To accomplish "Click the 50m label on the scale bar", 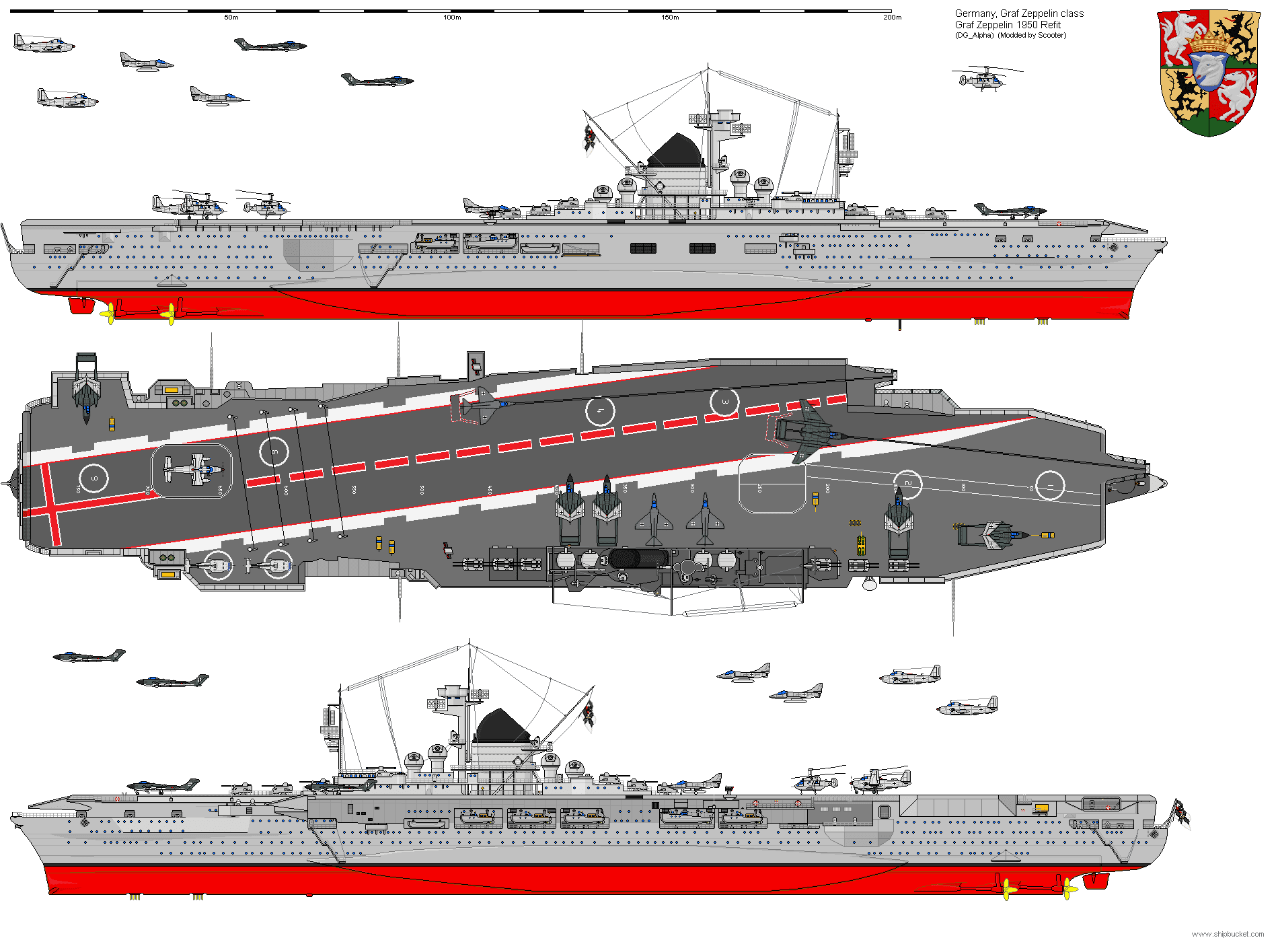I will point(231,17).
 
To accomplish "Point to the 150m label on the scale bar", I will point(670,17).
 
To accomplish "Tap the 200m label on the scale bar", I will point(892,17).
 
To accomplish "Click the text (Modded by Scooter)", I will point(1032,36).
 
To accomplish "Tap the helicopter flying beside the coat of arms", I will point(982,79).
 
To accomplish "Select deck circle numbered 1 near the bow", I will point(1050,485).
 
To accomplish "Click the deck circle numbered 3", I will point(724,402).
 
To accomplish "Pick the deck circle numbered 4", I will point(600,411).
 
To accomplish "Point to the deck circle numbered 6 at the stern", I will point(94,479).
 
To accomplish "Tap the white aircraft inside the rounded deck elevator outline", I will point(192,469).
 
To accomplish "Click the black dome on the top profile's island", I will point(675,151).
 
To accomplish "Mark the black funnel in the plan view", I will point(639,558).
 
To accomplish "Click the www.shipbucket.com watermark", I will point(1228,934).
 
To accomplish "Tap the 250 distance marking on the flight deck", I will point(760,488).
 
